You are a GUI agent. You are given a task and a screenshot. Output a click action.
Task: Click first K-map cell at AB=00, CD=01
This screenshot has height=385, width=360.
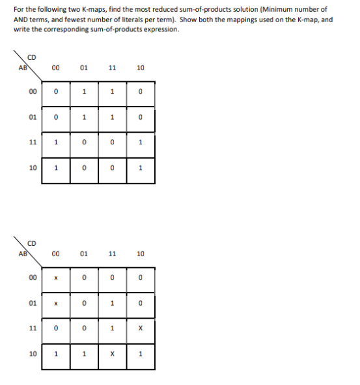(84, 91)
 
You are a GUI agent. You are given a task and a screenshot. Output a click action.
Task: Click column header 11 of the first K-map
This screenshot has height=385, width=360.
(112, 66)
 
